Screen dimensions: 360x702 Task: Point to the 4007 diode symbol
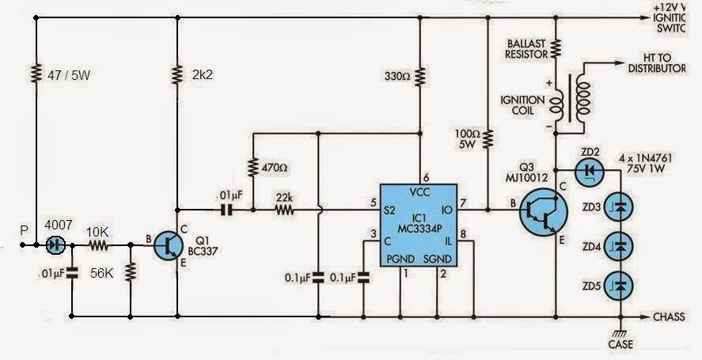point(55,246)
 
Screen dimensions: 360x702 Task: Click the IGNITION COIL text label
point(521,106)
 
